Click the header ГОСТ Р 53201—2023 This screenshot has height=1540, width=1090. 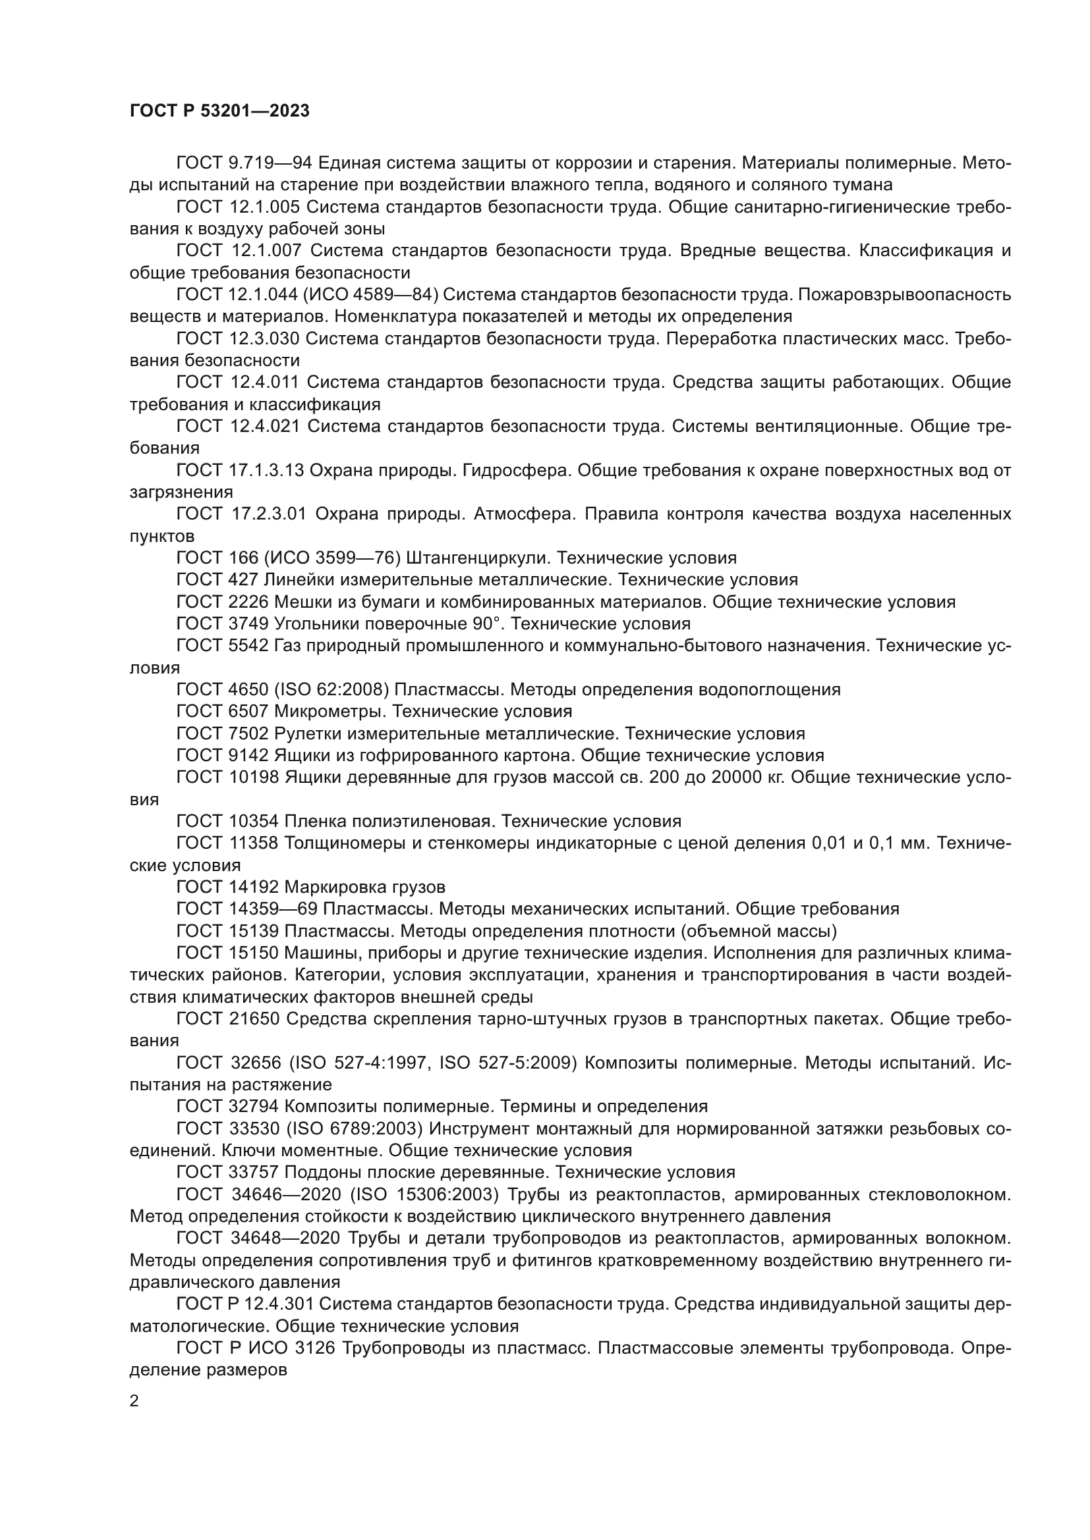[x=219, y=111]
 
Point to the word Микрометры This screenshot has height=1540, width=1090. [x=330, y=711]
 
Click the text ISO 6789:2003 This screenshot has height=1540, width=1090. [x=355, y=1129]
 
